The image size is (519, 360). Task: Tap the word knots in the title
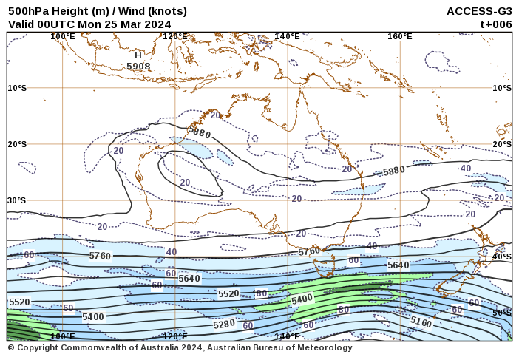pos(166,11)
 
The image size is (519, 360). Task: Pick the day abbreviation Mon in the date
pos(90,24)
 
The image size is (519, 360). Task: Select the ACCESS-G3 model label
pos(479,11)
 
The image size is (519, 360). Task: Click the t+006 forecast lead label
pos(495,24)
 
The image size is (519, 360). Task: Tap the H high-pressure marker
pos(138,55)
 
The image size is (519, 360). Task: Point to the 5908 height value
pos(138,66)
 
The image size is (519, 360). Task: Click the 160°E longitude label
pos(399,36)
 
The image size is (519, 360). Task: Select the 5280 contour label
pos(224,324)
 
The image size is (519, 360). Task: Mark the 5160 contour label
pos(421,322)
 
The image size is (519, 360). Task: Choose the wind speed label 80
pos(261,293)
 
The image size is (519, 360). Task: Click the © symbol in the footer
pos(11,347)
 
